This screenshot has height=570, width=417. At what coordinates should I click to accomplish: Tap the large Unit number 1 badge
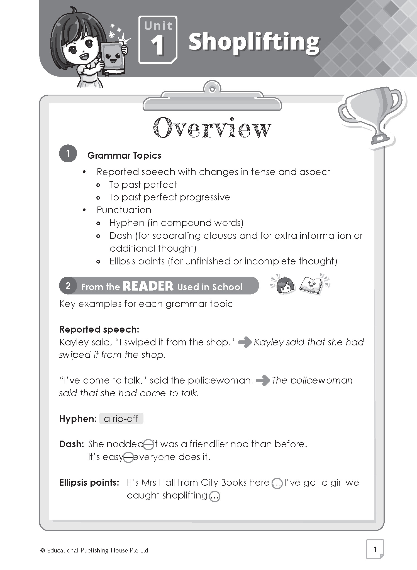158,40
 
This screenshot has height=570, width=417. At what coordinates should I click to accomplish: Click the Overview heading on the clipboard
212,128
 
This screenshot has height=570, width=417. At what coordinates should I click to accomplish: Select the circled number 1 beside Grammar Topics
68,154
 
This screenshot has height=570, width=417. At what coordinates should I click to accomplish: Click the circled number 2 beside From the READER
68,286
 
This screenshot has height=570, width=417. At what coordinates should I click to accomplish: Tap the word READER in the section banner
148,286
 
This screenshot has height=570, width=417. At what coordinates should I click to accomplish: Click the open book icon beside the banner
311,286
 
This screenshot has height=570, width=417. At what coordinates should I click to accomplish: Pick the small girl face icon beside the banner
285,285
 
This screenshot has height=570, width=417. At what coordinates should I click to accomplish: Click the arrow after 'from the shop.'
245,342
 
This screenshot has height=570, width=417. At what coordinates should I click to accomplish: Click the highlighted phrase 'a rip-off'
121,419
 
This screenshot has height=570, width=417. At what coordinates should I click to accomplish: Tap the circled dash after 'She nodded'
149,444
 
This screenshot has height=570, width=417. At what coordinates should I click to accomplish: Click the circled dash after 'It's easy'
128,457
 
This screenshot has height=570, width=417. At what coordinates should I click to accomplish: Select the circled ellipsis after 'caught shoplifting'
214,496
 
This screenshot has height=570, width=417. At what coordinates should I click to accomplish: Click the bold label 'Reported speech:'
99,330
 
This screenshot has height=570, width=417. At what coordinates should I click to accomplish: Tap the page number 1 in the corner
375,549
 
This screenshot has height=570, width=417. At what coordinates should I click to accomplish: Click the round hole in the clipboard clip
212,89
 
